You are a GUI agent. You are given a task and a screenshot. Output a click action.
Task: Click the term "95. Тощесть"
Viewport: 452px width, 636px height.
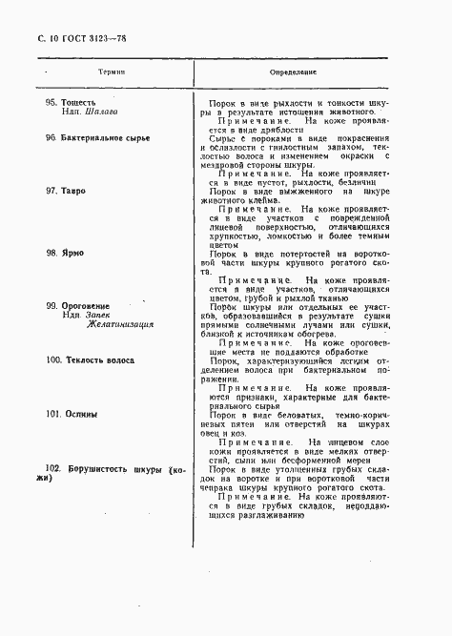pos(71,101)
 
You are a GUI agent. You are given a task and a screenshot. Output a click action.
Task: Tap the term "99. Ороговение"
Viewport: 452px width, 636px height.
pos(77,305)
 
